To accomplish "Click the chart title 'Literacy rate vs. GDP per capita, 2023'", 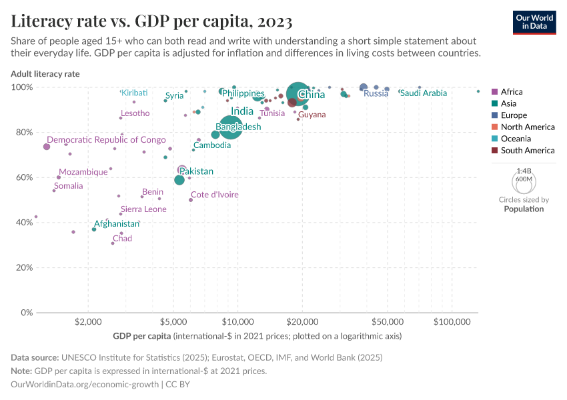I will click(x=151, y=21).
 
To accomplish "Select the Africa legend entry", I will click(x=512, y=92).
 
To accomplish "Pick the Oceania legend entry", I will click(x=516, y=139).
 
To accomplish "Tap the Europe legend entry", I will click(x=514, y=115).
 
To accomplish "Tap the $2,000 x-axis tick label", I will click(x=88, y=322).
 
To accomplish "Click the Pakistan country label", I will click(x=196, y=171).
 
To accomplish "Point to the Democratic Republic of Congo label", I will click(x=106, y=140).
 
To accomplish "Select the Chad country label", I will click(x=122, y=239).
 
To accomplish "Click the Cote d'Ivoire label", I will click(x=215, y=195).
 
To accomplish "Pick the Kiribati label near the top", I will click(x=134, y=93).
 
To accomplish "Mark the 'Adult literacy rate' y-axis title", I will click(x=45, y=74).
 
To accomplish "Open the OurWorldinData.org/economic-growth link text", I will click(x=85, y=385).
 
